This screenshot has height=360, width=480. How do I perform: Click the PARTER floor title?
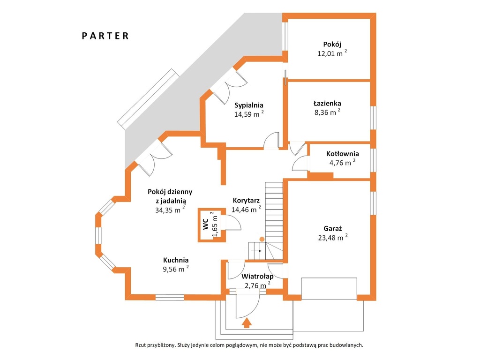105,36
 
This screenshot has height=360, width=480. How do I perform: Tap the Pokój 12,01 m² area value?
332,53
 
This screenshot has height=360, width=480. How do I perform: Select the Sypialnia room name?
249,105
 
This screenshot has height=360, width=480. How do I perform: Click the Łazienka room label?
327,103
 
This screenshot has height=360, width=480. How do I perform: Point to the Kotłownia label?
343,154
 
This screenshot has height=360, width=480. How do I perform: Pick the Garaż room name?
333,228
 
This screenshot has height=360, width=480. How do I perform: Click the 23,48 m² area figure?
333,237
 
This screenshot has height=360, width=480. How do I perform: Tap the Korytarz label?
246,201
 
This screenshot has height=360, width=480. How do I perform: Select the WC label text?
205,224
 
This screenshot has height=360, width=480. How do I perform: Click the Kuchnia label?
176,260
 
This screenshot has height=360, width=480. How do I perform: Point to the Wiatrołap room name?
257,277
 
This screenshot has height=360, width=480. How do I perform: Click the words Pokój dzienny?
170,192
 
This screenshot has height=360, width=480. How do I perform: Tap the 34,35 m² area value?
170,210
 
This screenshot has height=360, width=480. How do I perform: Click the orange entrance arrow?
247,322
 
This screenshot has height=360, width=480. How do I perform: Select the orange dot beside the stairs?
262,239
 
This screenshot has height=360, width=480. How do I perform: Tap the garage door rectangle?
329,288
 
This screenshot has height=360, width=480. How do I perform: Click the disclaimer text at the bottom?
249,345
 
